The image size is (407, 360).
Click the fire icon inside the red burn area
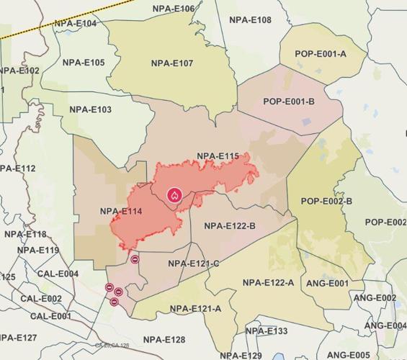pyautogui.click(x=174, y=194)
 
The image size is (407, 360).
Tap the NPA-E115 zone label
pyautogui.click(x=217, y=156)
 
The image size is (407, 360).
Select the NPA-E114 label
pyautogui.click(x=121, y=211)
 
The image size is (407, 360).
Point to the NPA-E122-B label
pyautogui.click(x=230, y=226)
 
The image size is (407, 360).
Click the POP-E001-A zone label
pyautogui.click(x=321, y=54)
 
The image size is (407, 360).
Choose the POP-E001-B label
pyautogui.click(x=289, y=102)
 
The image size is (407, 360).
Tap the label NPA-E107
pyautogui.click(x=172, y=63)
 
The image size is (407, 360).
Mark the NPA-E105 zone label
pyautogui.click(x=84, y=63)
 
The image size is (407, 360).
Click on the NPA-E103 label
pyautogui.click(x=90, y=109)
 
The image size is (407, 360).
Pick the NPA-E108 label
pyautogui.click(x=251, y=20)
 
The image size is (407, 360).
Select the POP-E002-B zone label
pyautogui.click(x=326, y=201)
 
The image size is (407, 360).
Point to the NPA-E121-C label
pyautogui.click(x=194, y=264)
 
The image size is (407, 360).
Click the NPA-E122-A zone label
pyautogui.click(x=269, y=282)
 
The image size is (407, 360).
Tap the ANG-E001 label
pyautogui.click(x=327, y=283)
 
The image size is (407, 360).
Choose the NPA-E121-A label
pyautogui.click(x=195, y=309)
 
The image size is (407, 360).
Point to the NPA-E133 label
pyautogui.click(x=266, y=331)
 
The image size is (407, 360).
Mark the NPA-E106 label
pyautogui.click(x=174, y=9)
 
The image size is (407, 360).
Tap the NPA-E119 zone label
pyautogui.click(x=38, y=251)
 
